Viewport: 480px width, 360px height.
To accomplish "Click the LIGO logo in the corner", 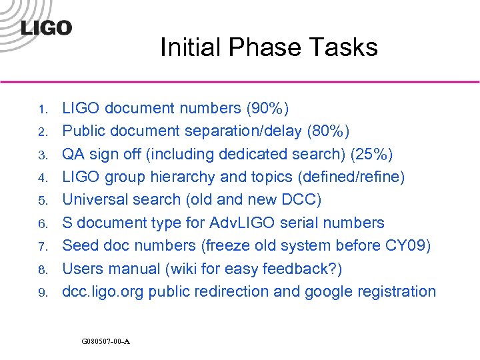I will pyautogui.click(x=46, y=27).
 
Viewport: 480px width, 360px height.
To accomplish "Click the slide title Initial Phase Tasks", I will pyautogui.click(x=269, y=47).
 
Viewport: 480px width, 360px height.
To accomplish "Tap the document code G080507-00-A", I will pyautogui.click(x=105, y=342).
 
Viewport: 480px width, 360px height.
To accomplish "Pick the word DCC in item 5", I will pyautogui.click(x=308, y=200).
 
